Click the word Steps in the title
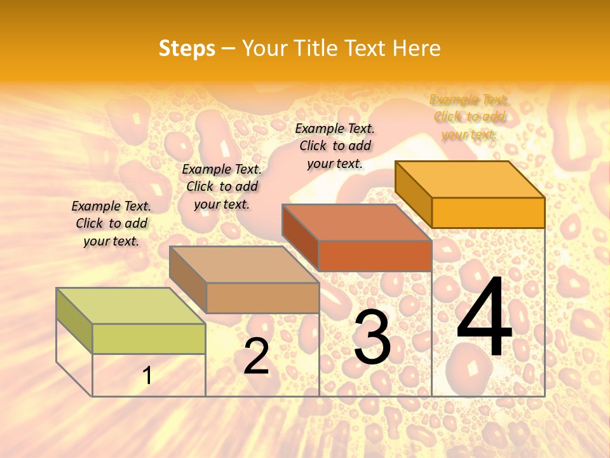[187, 48]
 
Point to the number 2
[256, 356]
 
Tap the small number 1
[147, 376]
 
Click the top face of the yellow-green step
[130, 306]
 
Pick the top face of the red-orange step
[356, 223]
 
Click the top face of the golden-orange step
[470, 179]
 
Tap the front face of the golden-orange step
[488, 212]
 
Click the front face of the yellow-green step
[149, 338]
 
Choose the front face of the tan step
[262, 298]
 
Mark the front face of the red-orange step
[375, 256]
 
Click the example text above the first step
[111, 223]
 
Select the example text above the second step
[222, 186]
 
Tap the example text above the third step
[335, 146]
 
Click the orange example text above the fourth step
[469, 116]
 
